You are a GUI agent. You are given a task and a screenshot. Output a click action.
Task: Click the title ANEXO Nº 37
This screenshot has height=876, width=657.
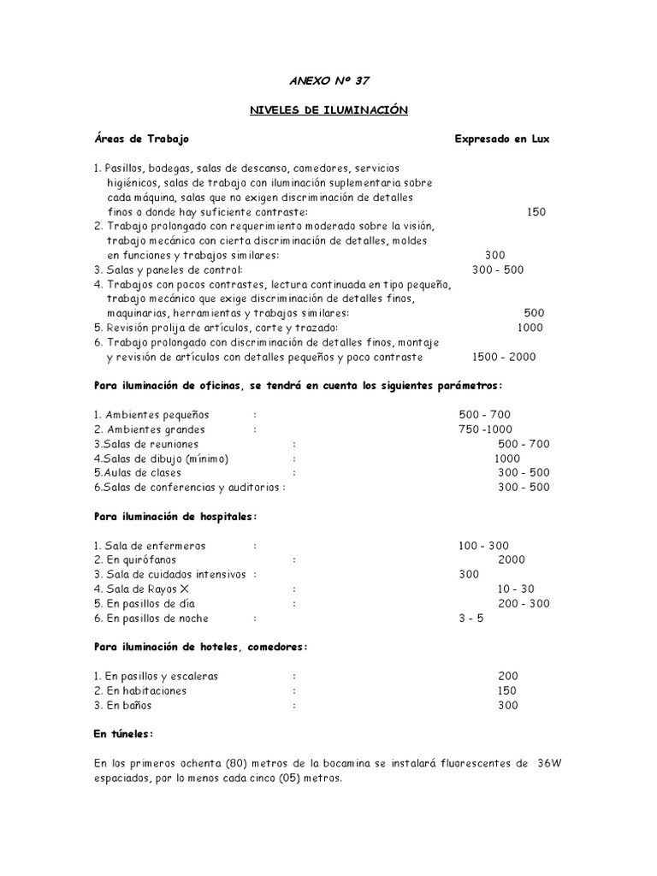pyautogui.click(x=329, y=80)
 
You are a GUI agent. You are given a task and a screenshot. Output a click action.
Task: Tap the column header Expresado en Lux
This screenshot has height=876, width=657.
pyautogui.click(x=502, y=139)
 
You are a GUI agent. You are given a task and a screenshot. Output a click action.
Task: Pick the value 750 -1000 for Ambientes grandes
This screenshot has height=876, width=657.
pyautogui.click(x=484, y=429)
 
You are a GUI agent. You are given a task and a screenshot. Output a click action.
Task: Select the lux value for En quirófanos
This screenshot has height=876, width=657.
pyautogui.click(x=512, y=559)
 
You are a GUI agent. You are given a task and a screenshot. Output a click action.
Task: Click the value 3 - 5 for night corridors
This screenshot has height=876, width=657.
pyautogui.click(x=471, y=618)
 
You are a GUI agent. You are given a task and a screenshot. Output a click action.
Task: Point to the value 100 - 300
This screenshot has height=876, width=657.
pyautogui.click(x=484, y=545)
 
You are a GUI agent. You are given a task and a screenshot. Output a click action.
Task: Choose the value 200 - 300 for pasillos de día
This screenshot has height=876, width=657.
pyautogui.click(x=524, y=603)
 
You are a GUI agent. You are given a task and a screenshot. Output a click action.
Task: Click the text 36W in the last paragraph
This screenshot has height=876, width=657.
pyautogui.click(x=547, y=764)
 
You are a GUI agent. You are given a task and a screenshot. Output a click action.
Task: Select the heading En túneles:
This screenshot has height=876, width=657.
pyautogui.click(x=124, y=734)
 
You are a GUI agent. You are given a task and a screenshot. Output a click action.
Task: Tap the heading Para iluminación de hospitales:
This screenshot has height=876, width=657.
pyautogui.click(x=175, y=516)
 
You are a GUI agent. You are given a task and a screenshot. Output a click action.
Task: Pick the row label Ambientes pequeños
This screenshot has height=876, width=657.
pyautogui.click(x=152, y=415)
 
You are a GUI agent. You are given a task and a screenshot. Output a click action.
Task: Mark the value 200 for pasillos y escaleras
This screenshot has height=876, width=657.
pyautogui.click(x=507, y=676)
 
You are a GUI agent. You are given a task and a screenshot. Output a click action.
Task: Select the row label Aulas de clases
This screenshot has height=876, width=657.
pyautogui.click(x=136, y=473)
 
